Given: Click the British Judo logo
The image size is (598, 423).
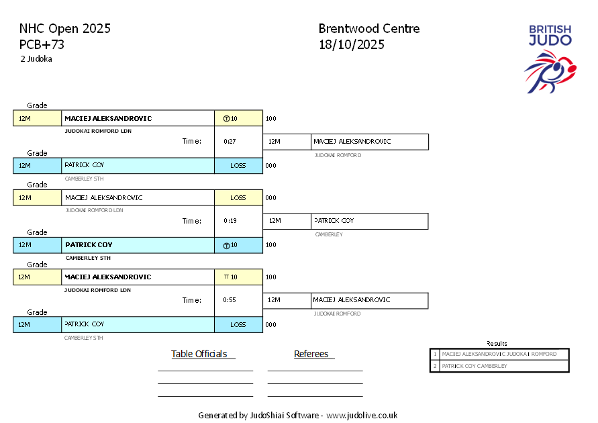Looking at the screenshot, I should click(550, 57).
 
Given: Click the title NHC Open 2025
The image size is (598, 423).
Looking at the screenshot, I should click(65, 29).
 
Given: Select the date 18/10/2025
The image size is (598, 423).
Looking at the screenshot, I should click(352, 45).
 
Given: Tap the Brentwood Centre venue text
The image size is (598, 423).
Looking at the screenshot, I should click(369, 29).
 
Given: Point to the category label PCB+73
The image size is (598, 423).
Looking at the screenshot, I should click(42, 45).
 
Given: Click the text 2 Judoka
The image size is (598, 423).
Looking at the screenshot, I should click(36, 59).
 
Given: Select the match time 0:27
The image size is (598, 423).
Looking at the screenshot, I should click(230, 142).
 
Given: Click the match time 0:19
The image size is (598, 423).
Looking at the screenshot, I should click(230, 221).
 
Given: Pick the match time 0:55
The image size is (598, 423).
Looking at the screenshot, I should click(230, 300).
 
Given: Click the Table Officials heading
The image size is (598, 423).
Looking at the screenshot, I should click(199, 354).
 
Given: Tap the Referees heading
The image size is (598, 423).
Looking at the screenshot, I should click(311, 354).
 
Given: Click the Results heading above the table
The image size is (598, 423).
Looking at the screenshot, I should click(497, 343).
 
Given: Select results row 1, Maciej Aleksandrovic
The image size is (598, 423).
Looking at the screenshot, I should click(499, 354).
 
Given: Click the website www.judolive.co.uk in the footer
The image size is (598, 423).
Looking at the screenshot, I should click(362, 415).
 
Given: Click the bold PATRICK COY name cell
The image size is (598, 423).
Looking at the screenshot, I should click(89, 245).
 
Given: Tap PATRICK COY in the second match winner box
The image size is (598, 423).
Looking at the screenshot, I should click(334, 221).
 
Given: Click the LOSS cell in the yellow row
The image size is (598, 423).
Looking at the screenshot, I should click(238, 198).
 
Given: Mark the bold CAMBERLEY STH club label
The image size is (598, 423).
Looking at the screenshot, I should click(88, 258).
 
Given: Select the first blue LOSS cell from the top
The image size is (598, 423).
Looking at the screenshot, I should click(238, 166).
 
